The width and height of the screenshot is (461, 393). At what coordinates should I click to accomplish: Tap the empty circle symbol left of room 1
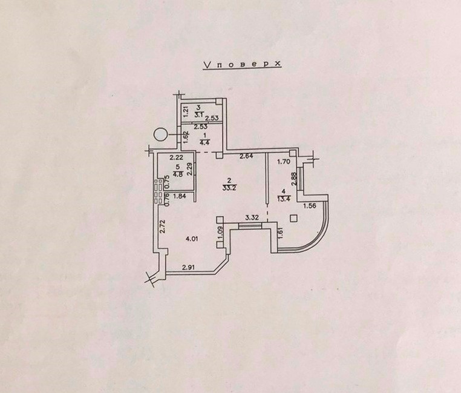click(160, 134)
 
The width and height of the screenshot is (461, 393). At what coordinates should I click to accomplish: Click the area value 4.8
click(178, 174)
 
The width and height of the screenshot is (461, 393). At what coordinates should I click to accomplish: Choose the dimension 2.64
click(246, 156)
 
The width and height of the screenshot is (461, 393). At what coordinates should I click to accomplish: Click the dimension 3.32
click(252, 217)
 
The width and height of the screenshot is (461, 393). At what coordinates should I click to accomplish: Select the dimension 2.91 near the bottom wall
click(189, 268)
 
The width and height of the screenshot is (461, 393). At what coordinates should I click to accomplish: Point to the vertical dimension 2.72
click(163, 226)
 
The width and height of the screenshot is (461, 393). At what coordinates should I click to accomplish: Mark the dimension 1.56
click(309, 206)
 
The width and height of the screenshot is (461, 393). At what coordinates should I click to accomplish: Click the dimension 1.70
click(284, 161)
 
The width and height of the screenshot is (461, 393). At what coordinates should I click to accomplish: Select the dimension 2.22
click(177, 158)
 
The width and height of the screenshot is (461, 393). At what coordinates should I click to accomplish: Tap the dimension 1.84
click(179, 196)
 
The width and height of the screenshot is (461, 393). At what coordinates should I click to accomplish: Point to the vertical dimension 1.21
click(186, 112)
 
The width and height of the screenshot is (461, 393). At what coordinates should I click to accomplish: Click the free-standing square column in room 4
click(293, 219)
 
